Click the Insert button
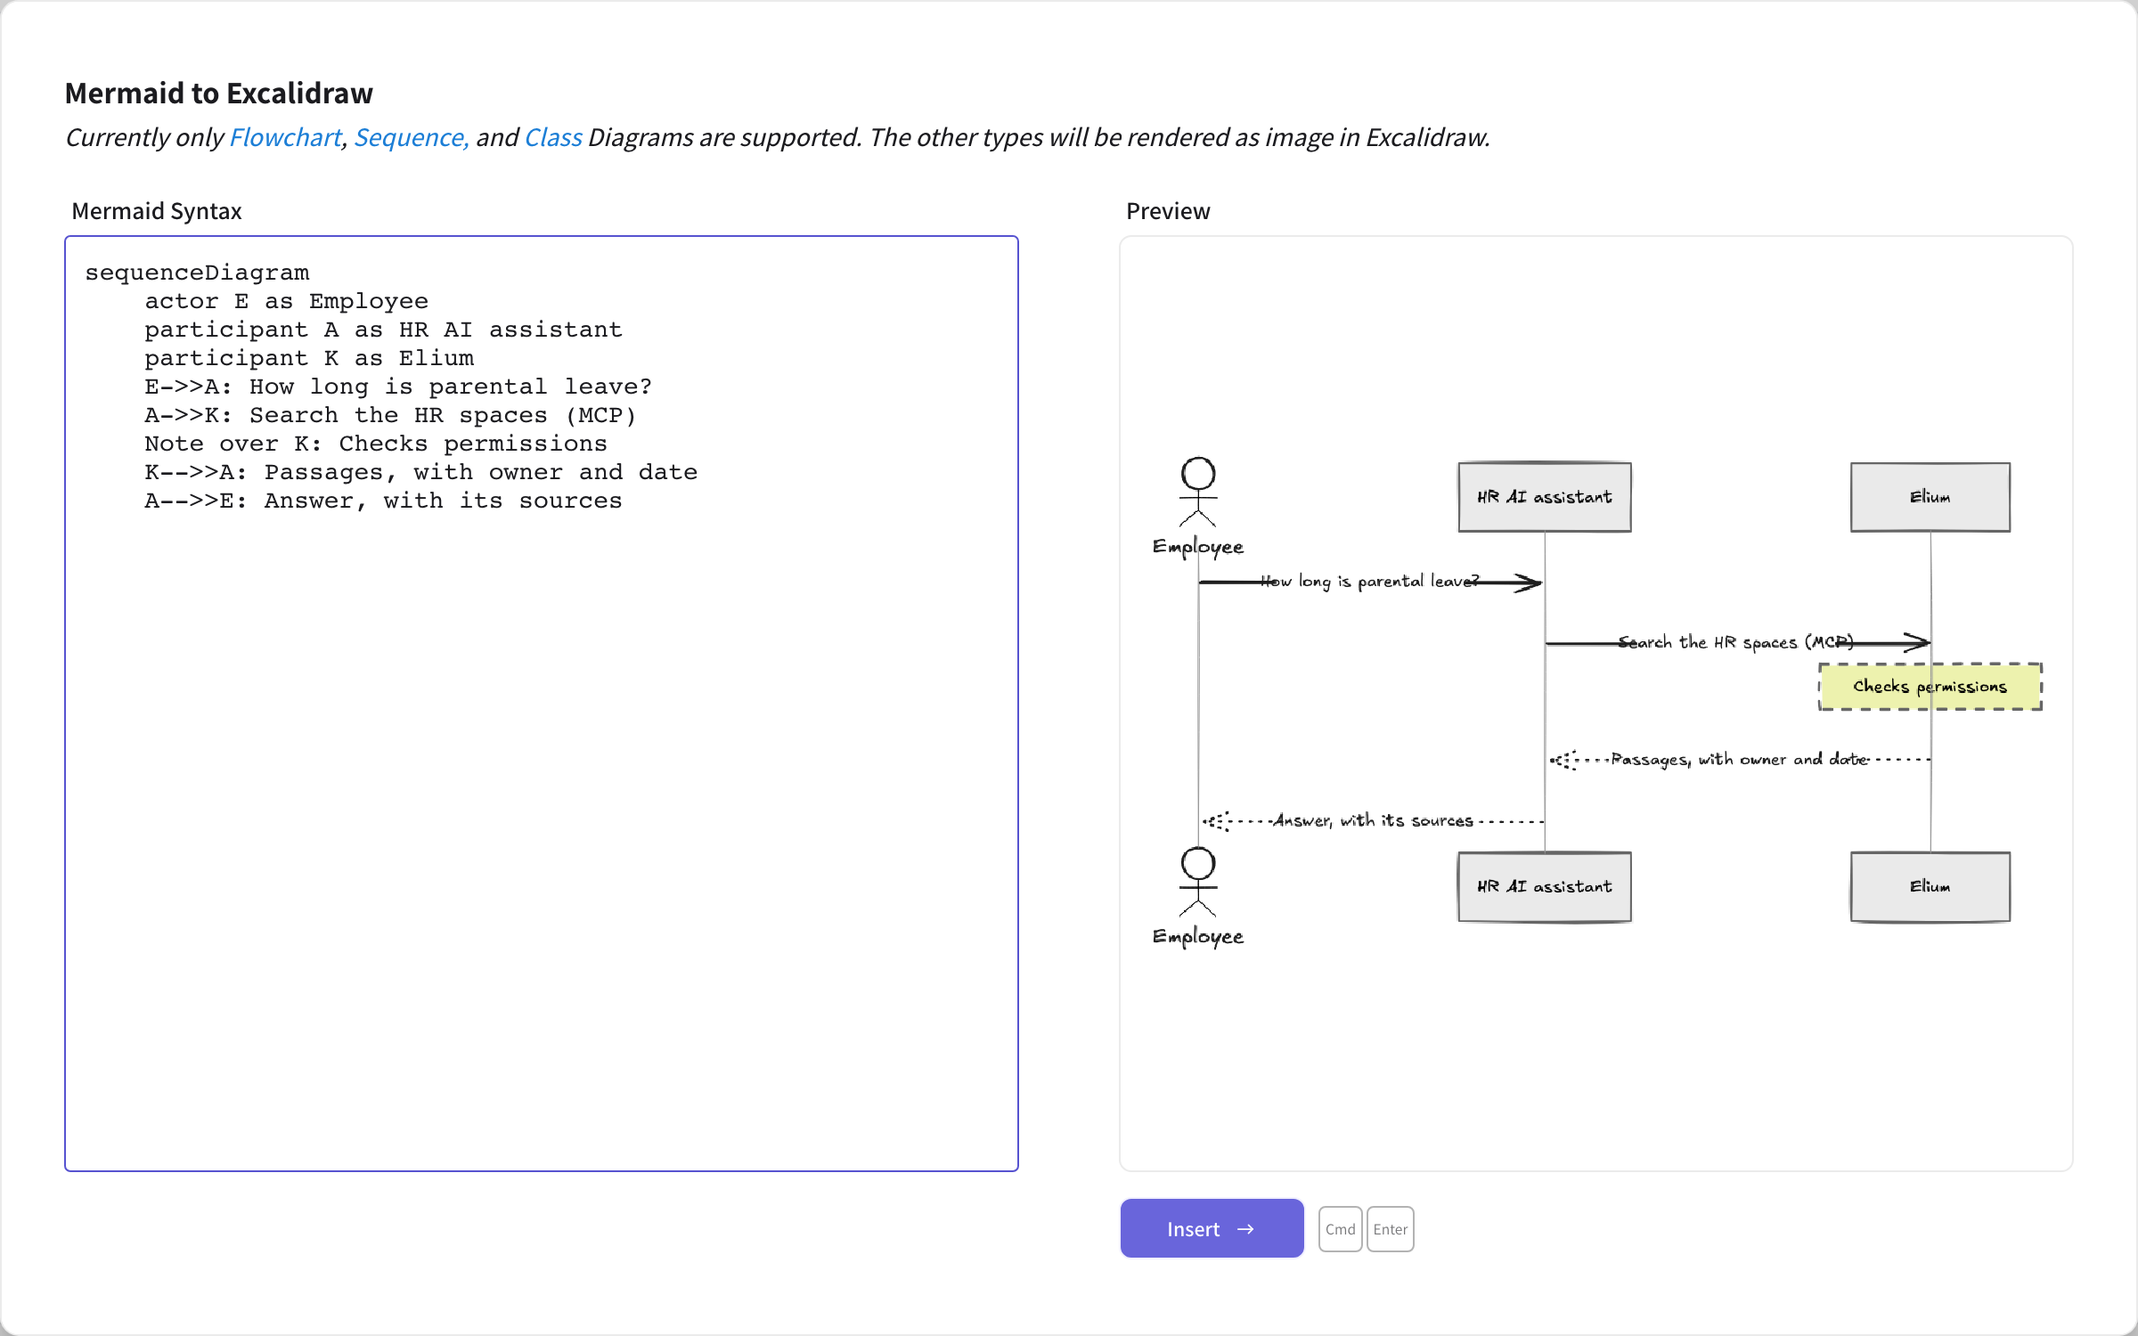tap(1212, 1228)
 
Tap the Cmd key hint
tap(1340, 1229)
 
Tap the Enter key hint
tap(1390, 1229)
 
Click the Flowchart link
tap(285, 137)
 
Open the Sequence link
tap(411, 137)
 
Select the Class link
tap(553, 137)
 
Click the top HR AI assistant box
tap(1545, 497)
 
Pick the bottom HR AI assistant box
tap(1545, 886)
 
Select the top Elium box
tap(1930, 497)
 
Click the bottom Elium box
tap(1930, 886)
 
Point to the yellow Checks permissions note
tap(1930, 687)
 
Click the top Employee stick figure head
tap(1198, 474)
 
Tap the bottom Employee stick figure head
tap(1198, 864)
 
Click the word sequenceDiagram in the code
tap(197, 273)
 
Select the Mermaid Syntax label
tap(157, 211)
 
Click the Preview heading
tap(1168, 211)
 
